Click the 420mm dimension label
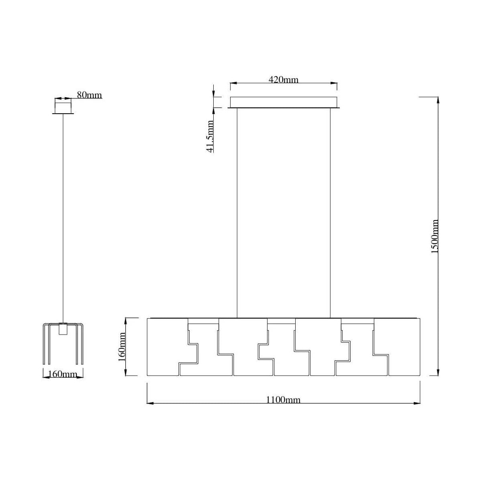283,80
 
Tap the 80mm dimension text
89,95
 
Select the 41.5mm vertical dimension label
210,136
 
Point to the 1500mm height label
435,236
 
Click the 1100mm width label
283,400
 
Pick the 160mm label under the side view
63,374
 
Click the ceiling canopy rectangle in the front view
284,102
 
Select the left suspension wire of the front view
237,213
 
